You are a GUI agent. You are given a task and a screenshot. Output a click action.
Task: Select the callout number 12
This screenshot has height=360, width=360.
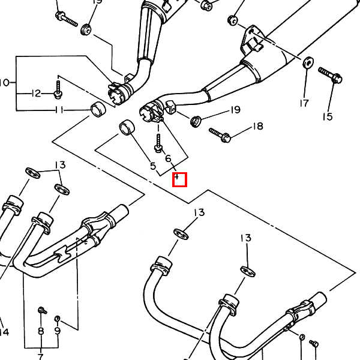coord(37,93)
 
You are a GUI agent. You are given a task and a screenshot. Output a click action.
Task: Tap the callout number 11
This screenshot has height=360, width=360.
coord(59,110)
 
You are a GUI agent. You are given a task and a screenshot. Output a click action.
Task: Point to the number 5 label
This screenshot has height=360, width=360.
coord(152,166)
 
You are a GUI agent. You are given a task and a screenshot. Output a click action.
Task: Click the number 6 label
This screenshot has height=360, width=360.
coord(168,158)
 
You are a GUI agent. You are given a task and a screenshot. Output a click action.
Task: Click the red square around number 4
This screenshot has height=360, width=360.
coord(180,179)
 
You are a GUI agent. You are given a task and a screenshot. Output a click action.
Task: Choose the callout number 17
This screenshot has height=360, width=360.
coord(304,103)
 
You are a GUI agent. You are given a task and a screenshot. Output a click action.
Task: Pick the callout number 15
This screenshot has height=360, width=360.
coord(327,116)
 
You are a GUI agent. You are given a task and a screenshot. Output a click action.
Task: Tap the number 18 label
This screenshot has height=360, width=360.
coord(257,126)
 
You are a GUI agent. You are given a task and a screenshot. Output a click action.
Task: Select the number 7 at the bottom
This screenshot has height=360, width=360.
coord(41,356)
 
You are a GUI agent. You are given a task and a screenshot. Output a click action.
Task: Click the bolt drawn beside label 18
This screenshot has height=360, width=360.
coord(220,134)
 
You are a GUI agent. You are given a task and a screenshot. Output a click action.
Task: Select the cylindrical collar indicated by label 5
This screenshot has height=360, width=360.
coord(127,127)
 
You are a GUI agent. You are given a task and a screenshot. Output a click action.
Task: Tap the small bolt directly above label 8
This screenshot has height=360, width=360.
coord(42,310)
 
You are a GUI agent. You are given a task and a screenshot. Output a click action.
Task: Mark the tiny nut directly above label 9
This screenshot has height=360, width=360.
coord(58,317)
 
